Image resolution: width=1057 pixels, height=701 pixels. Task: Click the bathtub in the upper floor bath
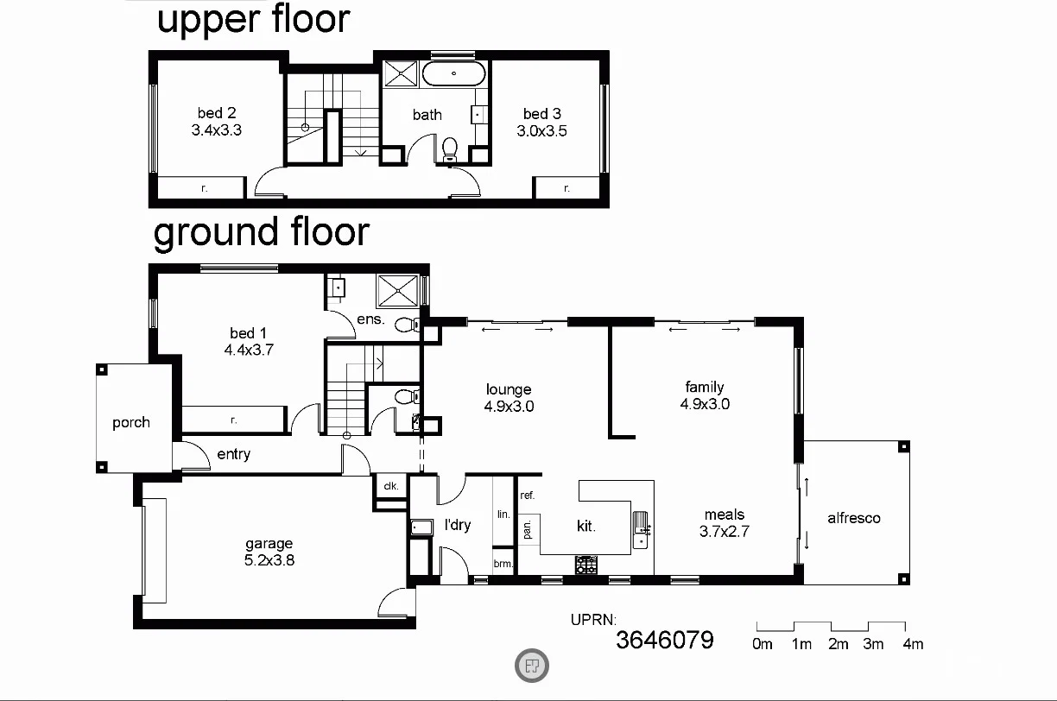tap(453, 73)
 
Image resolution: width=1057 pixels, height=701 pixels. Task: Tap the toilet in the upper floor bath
tap(449, 150)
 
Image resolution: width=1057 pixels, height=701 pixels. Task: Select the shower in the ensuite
tap(399, 290)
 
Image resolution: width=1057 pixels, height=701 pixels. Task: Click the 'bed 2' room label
tap(216, 113)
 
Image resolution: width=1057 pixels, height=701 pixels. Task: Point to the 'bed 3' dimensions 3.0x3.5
tap(541, 131)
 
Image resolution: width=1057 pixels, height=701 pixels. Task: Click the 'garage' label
tap(269, 544)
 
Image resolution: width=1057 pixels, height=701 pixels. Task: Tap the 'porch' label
tap(131, 422)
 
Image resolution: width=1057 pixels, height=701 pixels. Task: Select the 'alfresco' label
tap(853, 518)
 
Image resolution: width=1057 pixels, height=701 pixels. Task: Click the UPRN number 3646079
tap(664, 640)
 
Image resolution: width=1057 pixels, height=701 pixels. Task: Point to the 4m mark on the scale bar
tap(912, 644)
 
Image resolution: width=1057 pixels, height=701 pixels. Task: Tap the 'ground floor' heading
tap(262, 232)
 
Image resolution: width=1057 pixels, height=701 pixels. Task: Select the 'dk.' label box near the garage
tap(390, 486)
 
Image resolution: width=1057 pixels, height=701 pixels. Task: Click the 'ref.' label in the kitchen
tap(527, 496)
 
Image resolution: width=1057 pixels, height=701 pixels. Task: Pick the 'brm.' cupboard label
tap(503, 564)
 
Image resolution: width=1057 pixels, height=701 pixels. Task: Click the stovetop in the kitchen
tap(586, 565)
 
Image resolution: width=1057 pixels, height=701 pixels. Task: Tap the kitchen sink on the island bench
tap(640, 529)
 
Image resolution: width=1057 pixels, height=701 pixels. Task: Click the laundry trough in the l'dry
tap(421, 527)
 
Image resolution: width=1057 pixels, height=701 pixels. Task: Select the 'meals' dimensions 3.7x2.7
tap(724, 532)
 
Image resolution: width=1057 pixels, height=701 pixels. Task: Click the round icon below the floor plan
tap(532, 665)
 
